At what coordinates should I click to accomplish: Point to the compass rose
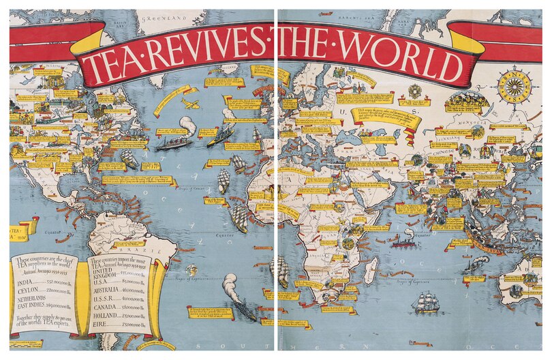click(x=515, y=87)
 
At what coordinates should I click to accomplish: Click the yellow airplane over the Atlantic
click(x=191, y=104)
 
